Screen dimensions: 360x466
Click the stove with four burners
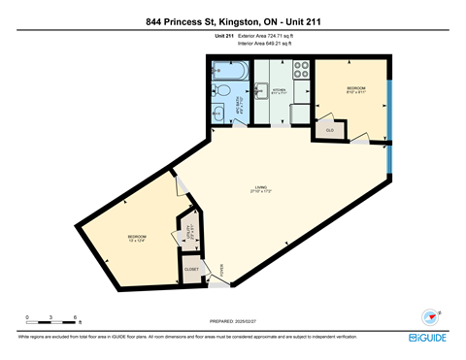click(301, 71)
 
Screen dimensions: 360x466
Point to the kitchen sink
click(262, 92)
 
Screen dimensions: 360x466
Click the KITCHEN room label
click(279, 89)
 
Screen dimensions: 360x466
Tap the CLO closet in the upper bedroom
click(330, 129)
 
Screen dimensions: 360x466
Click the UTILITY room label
click(189, 233)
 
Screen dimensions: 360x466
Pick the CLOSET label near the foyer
click(192, 269)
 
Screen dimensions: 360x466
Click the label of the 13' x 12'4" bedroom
click(136, 238)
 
